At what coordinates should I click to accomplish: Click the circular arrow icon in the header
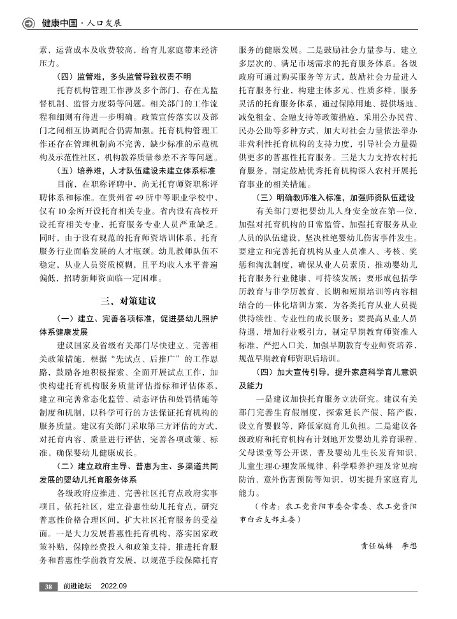tap(28, 24)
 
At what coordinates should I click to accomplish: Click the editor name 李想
tap(408, 546)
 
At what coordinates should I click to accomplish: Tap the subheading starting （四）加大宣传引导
tap(329, 372)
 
